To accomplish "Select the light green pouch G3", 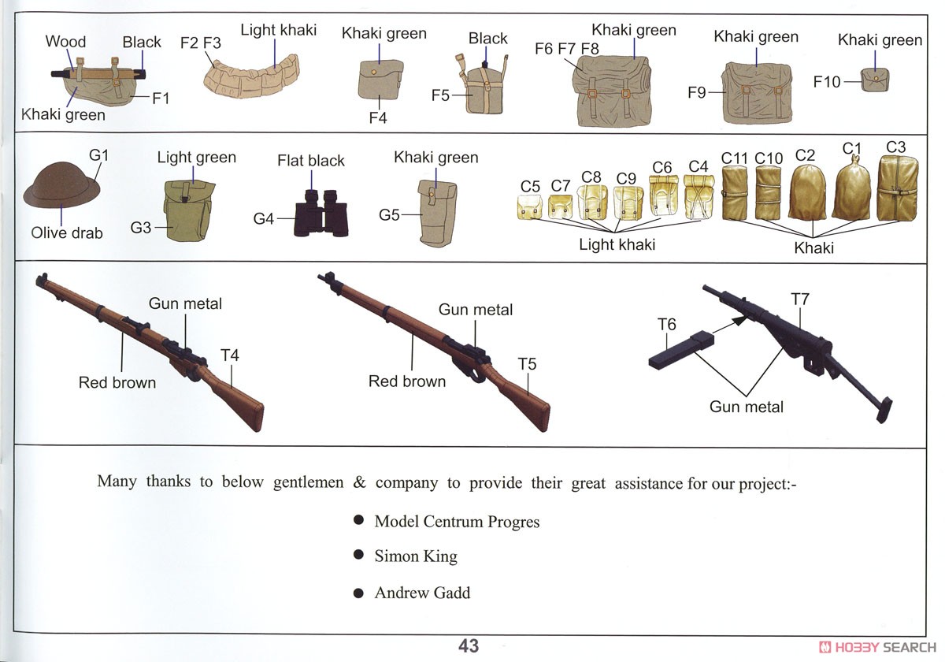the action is point(188,210).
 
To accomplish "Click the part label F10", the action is point(827,81).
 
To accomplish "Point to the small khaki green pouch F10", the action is point(875,80).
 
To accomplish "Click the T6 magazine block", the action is point(681,351).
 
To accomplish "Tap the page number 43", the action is point(469,646).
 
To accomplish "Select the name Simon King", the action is point(416,556).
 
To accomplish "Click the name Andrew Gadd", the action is point(422,593).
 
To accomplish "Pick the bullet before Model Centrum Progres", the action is point(358,519).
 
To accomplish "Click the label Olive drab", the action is point(67,232).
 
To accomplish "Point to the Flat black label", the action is point(311,161).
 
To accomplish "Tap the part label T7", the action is point(800,299).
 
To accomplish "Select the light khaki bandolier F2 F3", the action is point(251,77).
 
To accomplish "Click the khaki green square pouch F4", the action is point(380,80).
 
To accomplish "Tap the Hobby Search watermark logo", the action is point(877,647).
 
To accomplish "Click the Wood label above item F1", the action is point(65,41).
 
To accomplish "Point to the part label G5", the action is point(389,215).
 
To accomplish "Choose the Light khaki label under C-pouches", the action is point(617,244).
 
